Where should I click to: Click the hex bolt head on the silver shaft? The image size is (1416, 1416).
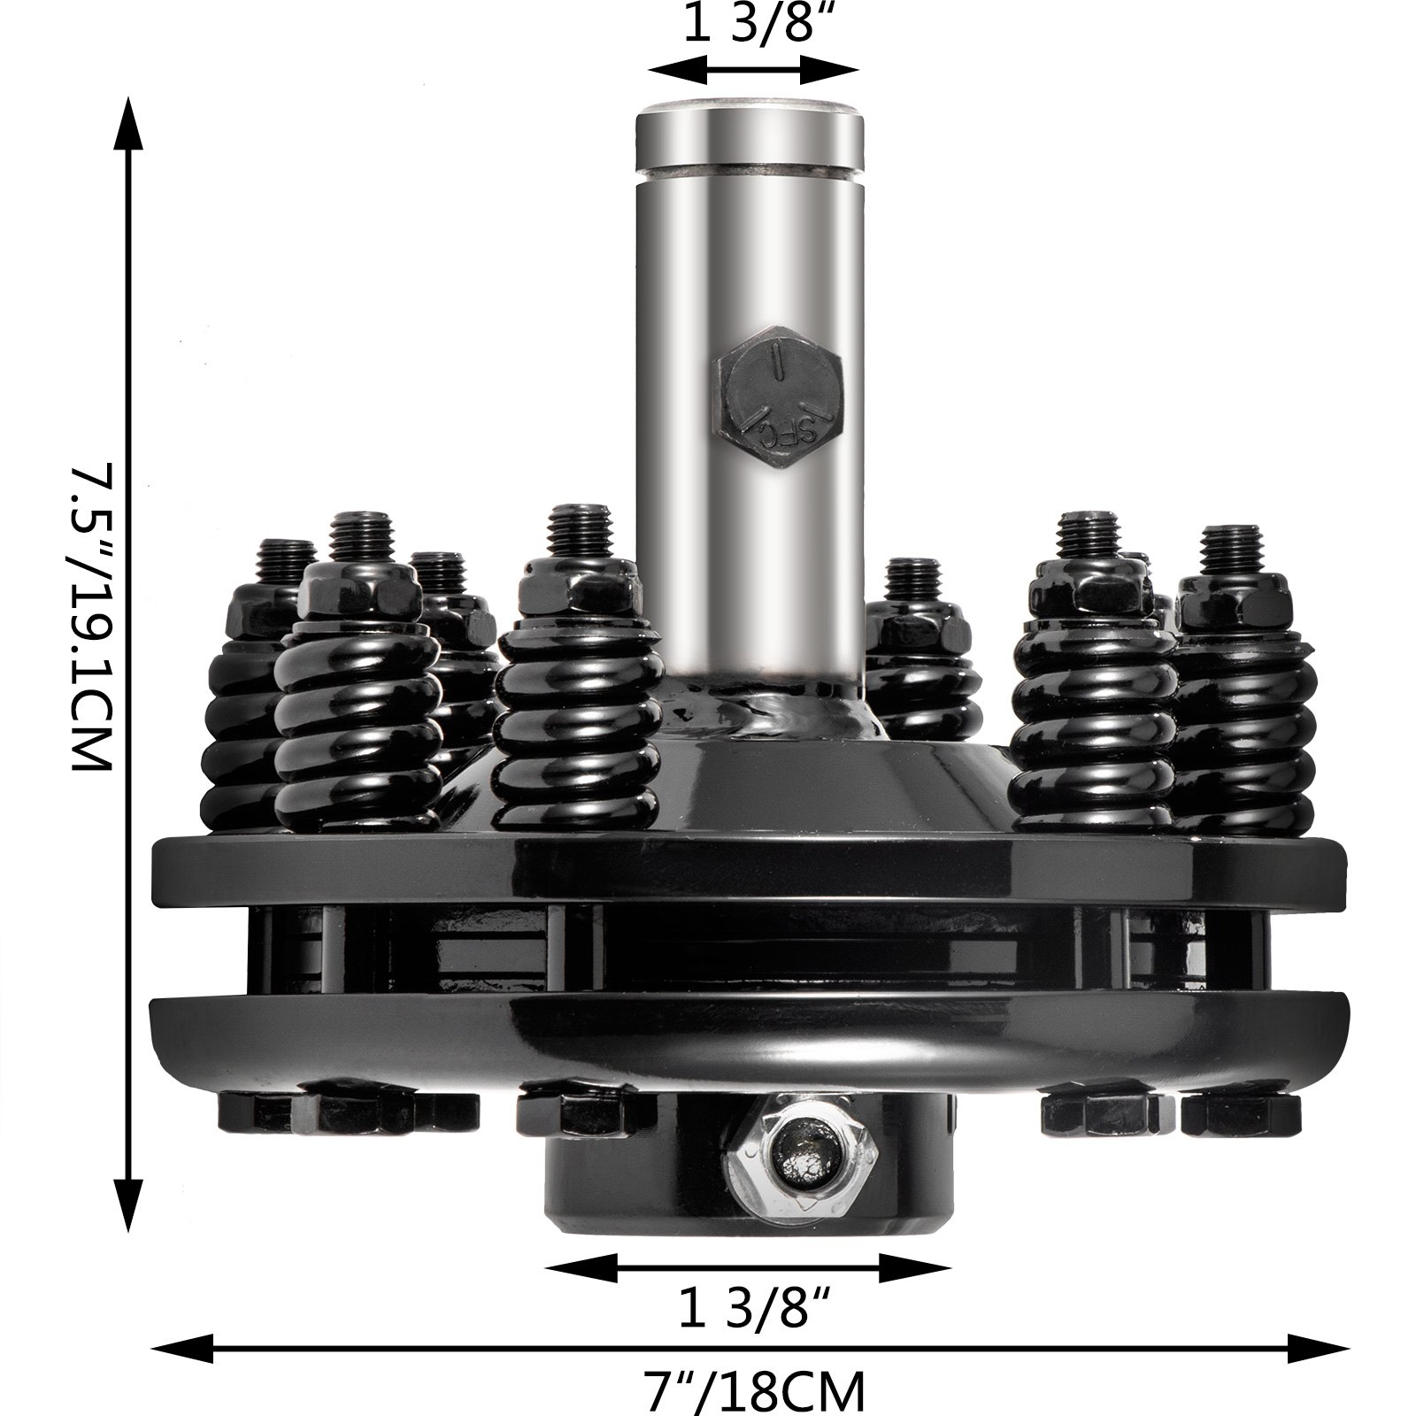778,400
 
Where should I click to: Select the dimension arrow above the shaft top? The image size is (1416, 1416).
752,68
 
